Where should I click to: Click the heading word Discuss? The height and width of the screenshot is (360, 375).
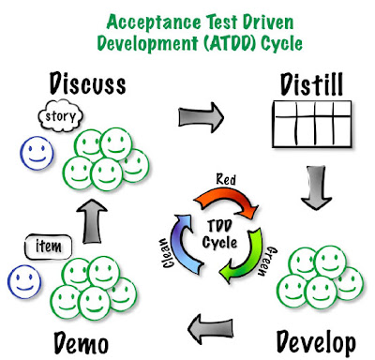(88, 83)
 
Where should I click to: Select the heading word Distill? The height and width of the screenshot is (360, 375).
(311, 84)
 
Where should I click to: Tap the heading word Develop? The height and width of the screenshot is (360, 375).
(316, 343)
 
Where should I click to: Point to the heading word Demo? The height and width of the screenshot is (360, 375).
(82, 343)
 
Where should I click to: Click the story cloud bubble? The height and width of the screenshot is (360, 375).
(61, 116)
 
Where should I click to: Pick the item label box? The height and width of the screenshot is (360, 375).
(48, 247)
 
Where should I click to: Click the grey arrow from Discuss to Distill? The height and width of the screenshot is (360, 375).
(202, 117)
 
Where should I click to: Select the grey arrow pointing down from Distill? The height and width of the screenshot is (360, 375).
(316, 187)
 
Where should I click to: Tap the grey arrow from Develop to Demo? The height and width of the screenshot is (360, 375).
(211, 330)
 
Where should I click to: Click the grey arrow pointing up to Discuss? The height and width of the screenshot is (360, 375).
(92, 221)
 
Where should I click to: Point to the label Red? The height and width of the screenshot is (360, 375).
(226, 179)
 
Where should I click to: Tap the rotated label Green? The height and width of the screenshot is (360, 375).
(267, 262)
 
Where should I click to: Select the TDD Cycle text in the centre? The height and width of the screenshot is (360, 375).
(219, 234)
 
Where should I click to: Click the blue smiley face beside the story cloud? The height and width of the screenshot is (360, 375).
(37, 153)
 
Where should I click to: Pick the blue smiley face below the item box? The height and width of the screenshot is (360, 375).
(24, 282)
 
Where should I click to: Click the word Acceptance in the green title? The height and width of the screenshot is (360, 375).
(154, 22)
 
